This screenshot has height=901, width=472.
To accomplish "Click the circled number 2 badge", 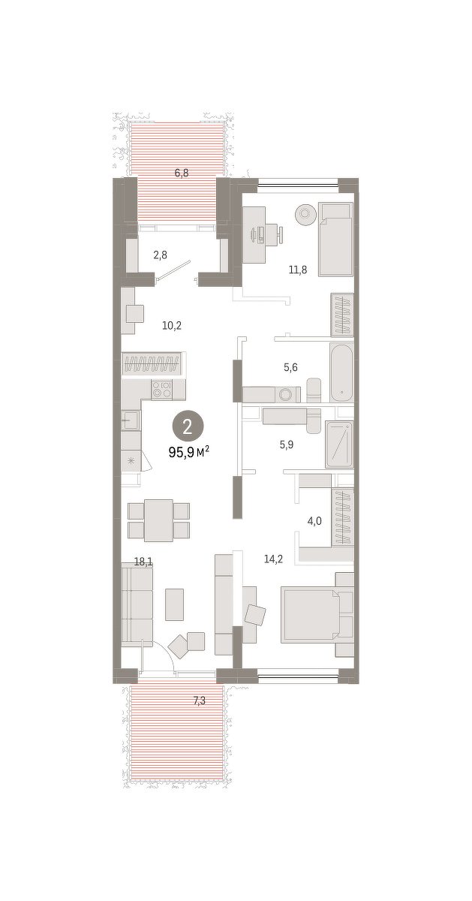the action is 188,427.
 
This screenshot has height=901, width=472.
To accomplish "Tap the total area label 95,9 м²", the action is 189,453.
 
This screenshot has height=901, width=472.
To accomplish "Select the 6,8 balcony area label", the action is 182,173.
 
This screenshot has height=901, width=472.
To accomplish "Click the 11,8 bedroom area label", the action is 297,270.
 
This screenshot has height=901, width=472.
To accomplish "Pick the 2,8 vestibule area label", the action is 160,255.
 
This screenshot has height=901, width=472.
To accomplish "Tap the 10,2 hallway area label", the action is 172,325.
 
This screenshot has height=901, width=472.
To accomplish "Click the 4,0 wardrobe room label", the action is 314,522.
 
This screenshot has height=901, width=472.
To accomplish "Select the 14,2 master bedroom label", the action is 273,559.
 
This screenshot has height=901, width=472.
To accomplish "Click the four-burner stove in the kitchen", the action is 161,390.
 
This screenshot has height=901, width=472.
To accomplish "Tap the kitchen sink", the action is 131,420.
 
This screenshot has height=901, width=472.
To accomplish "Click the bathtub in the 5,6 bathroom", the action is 341,372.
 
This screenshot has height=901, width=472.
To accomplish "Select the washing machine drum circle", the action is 287,394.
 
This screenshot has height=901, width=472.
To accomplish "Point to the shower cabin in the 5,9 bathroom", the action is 339,444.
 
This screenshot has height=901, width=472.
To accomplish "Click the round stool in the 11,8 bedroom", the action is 305,213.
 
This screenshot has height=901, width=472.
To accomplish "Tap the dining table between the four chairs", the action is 158,520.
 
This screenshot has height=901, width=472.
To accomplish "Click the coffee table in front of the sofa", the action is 175,604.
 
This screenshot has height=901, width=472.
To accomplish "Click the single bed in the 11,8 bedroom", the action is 335,240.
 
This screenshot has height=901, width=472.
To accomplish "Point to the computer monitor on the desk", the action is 254,235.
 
